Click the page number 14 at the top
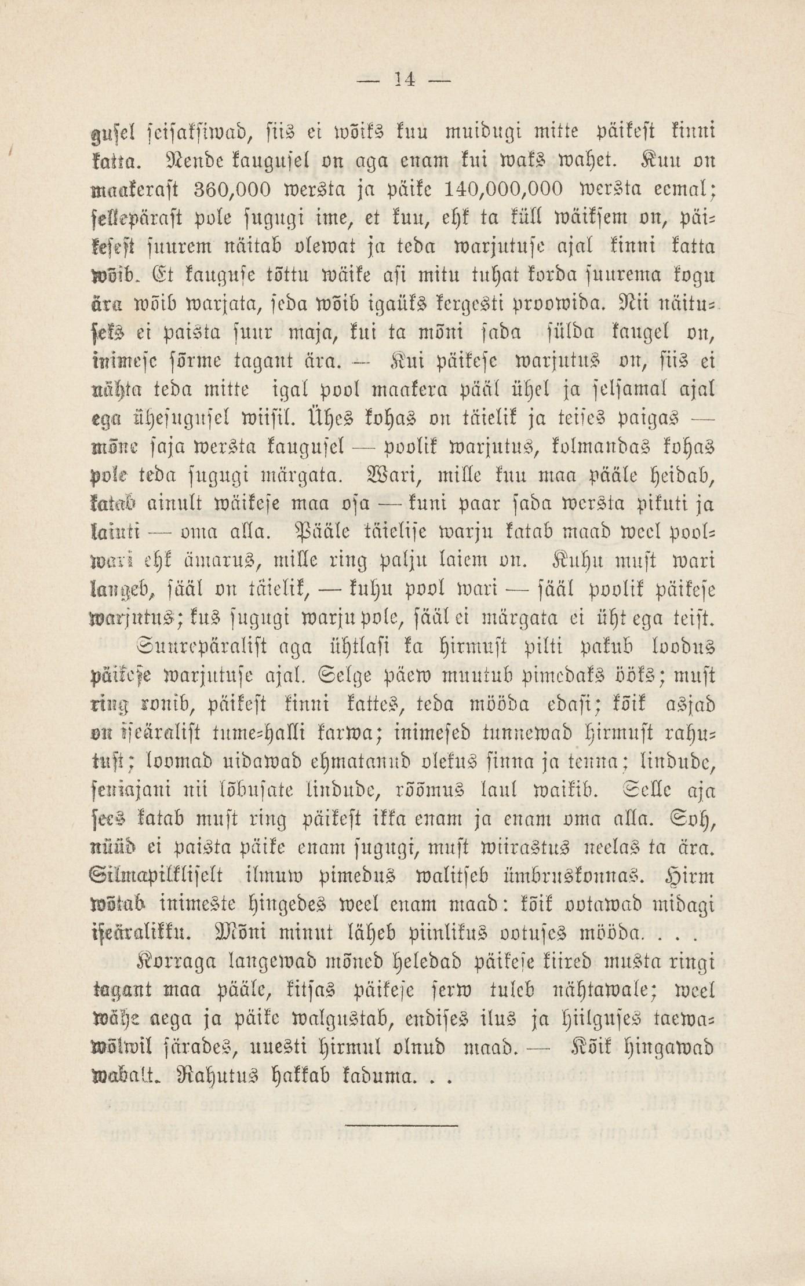(x=402, y=80)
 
